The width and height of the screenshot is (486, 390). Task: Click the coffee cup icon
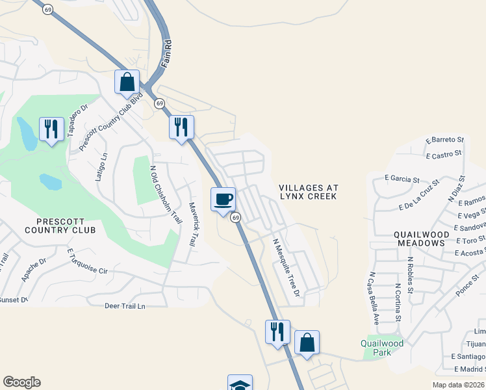coord(223,198)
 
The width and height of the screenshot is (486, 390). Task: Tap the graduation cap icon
coord(240,383)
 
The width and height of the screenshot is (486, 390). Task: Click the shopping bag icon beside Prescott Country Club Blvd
coord(127,82)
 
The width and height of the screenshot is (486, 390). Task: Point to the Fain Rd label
coord(167,51)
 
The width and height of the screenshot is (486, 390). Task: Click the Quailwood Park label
coord(382,348)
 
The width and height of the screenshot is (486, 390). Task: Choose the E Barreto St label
coord(445,139)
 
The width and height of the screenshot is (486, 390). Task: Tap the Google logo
coord(21,382)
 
